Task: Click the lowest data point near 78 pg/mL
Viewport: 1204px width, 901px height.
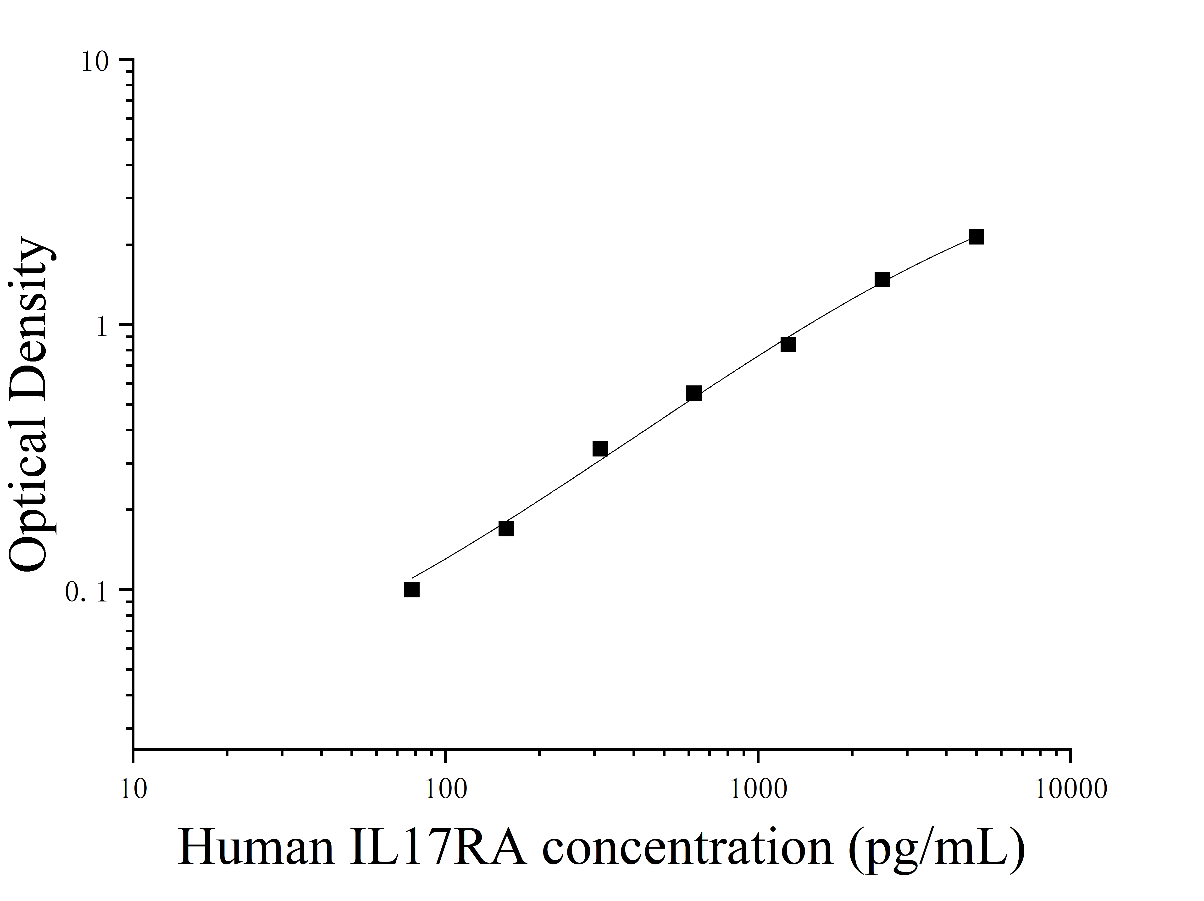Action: pyautogui.click(x=412, y=590)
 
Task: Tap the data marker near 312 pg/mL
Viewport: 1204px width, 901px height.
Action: pyautogui.click(x=600, y=449)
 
